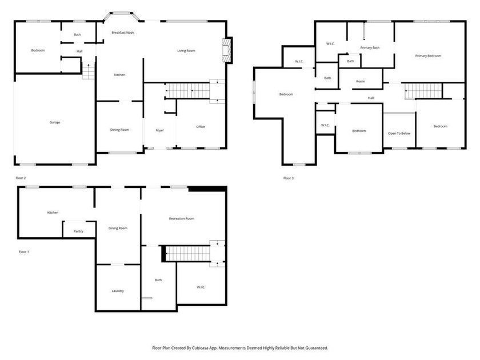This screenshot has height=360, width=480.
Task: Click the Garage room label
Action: [x=55, y=122]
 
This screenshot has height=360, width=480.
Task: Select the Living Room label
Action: [x=186, y=51]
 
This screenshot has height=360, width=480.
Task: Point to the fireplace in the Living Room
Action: [x=227, y=50]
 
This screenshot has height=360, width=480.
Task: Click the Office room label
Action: [x=201, y=127]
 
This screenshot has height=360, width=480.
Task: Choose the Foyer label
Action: [x=159, y=130]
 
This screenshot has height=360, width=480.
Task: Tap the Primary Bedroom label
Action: [x=428, y=55]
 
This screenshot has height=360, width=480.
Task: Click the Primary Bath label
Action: [x=370, y=47]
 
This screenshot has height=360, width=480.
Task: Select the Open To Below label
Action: [x=399, y=133]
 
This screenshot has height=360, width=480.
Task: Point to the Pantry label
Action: [x=79, y=231]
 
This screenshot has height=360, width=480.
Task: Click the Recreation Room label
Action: [x=182, y=218]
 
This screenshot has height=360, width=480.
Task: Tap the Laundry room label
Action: [x=118, y=291]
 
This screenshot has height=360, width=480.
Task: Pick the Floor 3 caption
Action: [x=289, y=178]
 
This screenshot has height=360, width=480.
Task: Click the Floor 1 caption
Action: [x=23, y=251]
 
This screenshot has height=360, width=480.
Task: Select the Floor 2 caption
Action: [x=21, y=178]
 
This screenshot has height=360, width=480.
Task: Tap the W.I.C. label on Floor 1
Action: [x=201, y=287]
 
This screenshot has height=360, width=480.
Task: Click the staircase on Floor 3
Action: [x=423, y=90]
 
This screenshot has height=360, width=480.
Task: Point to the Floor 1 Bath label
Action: [x=158, y=280]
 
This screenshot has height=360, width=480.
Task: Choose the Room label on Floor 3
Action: [x=360, y=82]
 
